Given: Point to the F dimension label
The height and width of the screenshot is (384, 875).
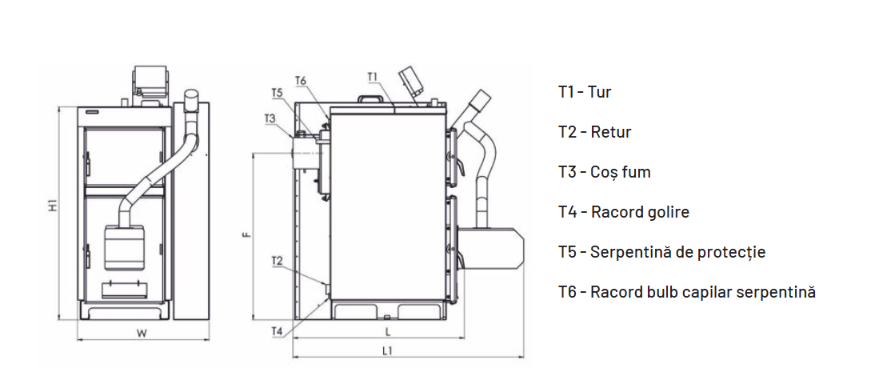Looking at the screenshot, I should coord(247,235).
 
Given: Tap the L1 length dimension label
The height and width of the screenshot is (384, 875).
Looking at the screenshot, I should coord(387,350).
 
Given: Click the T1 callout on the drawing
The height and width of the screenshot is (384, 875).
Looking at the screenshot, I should coord(373,77).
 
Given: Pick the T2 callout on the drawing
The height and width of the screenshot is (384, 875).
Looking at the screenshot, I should coord(277,261).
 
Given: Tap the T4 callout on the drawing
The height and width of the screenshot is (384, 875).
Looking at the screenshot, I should coord(277,330).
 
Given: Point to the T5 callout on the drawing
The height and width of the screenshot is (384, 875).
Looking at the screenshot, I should coord(276,93).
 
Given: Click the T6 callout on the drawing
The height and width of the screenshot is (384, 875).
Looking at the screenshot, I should coord(301,80).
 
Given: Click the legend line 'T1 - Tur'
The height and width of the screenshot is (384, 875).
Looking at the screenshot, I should coord(585,92).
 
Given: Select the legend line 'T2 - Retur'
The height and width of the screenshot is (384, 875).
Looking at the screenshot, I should coord(594,132).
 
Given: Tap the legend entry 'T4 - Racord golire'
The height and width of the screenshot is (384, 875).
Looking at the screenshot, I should coord(623,212).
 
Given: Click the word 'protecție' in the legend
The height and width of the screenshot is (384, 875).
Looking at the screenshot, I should coord(732,252).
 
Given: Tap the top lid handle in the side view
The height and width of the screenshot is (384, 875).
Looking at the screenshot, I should coord(370,99).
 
